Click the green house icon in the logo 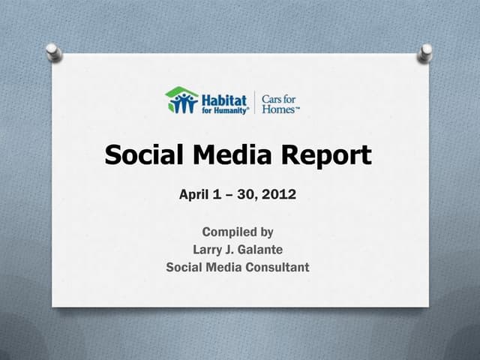click(x=181, y=100)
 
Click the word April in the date click(x=196, y=195)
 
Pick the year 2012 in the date click(x=280, y=195)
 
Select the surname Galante click(x=259, y=250)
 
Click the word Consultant click(x=275, y=267)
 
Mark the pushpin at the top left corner click(x=52, y=51)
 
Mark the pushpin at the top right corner click(x=426, y=51)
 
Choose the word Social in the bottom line click(x=185, y=267)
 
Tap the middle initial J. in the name click(x=232, y=250)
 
